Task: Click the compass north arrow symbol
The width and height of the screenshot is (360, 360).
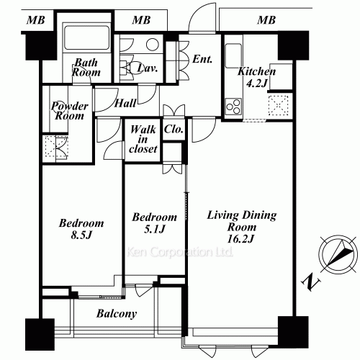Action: click(338, 255)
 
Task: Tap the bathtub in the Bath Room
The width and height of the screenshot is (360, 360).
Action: click(87, 37)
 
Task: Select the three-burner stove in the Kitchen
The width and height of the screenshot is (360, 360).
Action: click(233, 107)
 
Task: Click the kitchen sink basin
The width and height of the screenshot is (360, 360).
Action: click(233, 56)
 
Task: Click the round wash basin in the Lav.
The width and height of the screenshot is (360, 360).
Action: click(153, 45)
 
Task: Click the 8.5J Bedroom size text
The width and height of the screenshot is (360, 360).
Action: click(81, 235)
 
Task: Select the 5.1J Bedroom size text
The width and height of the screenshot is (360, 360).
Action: click(155, 230)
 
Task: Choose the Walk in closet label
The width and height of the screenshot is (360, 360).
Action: click(143, 139)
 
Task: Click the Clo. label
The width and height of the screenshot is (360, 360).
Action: click(174, 130)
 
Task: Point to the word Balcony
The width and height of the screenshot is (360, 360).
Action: click(117, 314)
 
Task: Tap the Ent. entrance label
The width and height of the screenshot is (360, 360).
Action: click(202, 59)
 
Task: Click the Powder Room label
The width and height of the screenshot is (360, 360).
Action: click(70, 111)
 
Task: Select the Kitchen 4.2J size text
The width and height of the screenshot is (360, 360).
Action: click(257, 84)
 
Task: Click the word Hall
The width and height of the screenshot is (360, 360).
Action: click(125, 104)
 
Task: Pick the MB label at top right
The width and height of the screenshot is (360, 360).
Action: click(266, 20)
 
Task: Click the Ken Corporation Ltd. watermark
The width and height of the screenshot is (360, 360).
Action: click(180, 252)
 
